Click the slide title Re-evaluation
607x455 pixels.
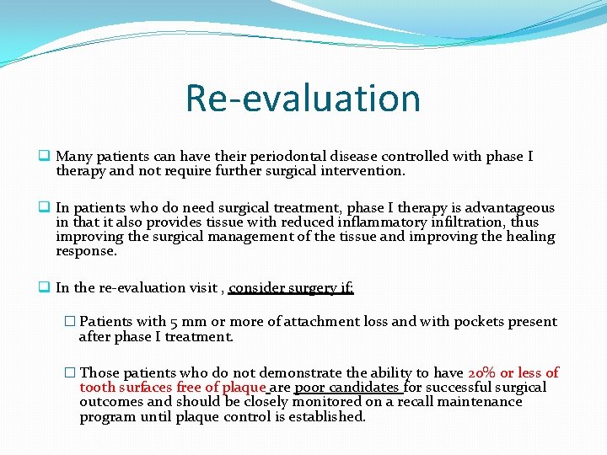tap(303, 98)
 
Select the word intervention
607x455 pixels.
tap(365, 171)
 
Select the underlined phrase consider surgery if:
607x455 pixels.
tap(291, 288)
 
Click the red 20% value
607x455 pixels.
tap(481, 372)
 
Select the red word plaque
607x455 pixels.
tap(244, 388)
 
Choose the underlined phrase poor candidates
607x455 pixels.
tap(346, 388)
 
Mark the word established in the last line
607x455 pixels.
tap(325, 417)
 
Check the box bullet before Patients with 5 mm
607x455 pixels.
tap(70, 322)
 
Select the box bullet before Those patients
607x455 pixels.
tap(70, 372)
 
